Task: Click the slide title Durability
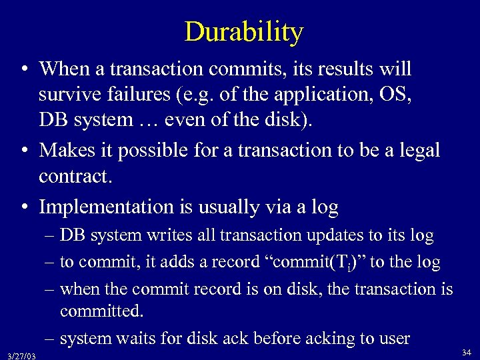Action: [243, 31]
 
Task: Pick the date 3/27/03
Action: [19, 356]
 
